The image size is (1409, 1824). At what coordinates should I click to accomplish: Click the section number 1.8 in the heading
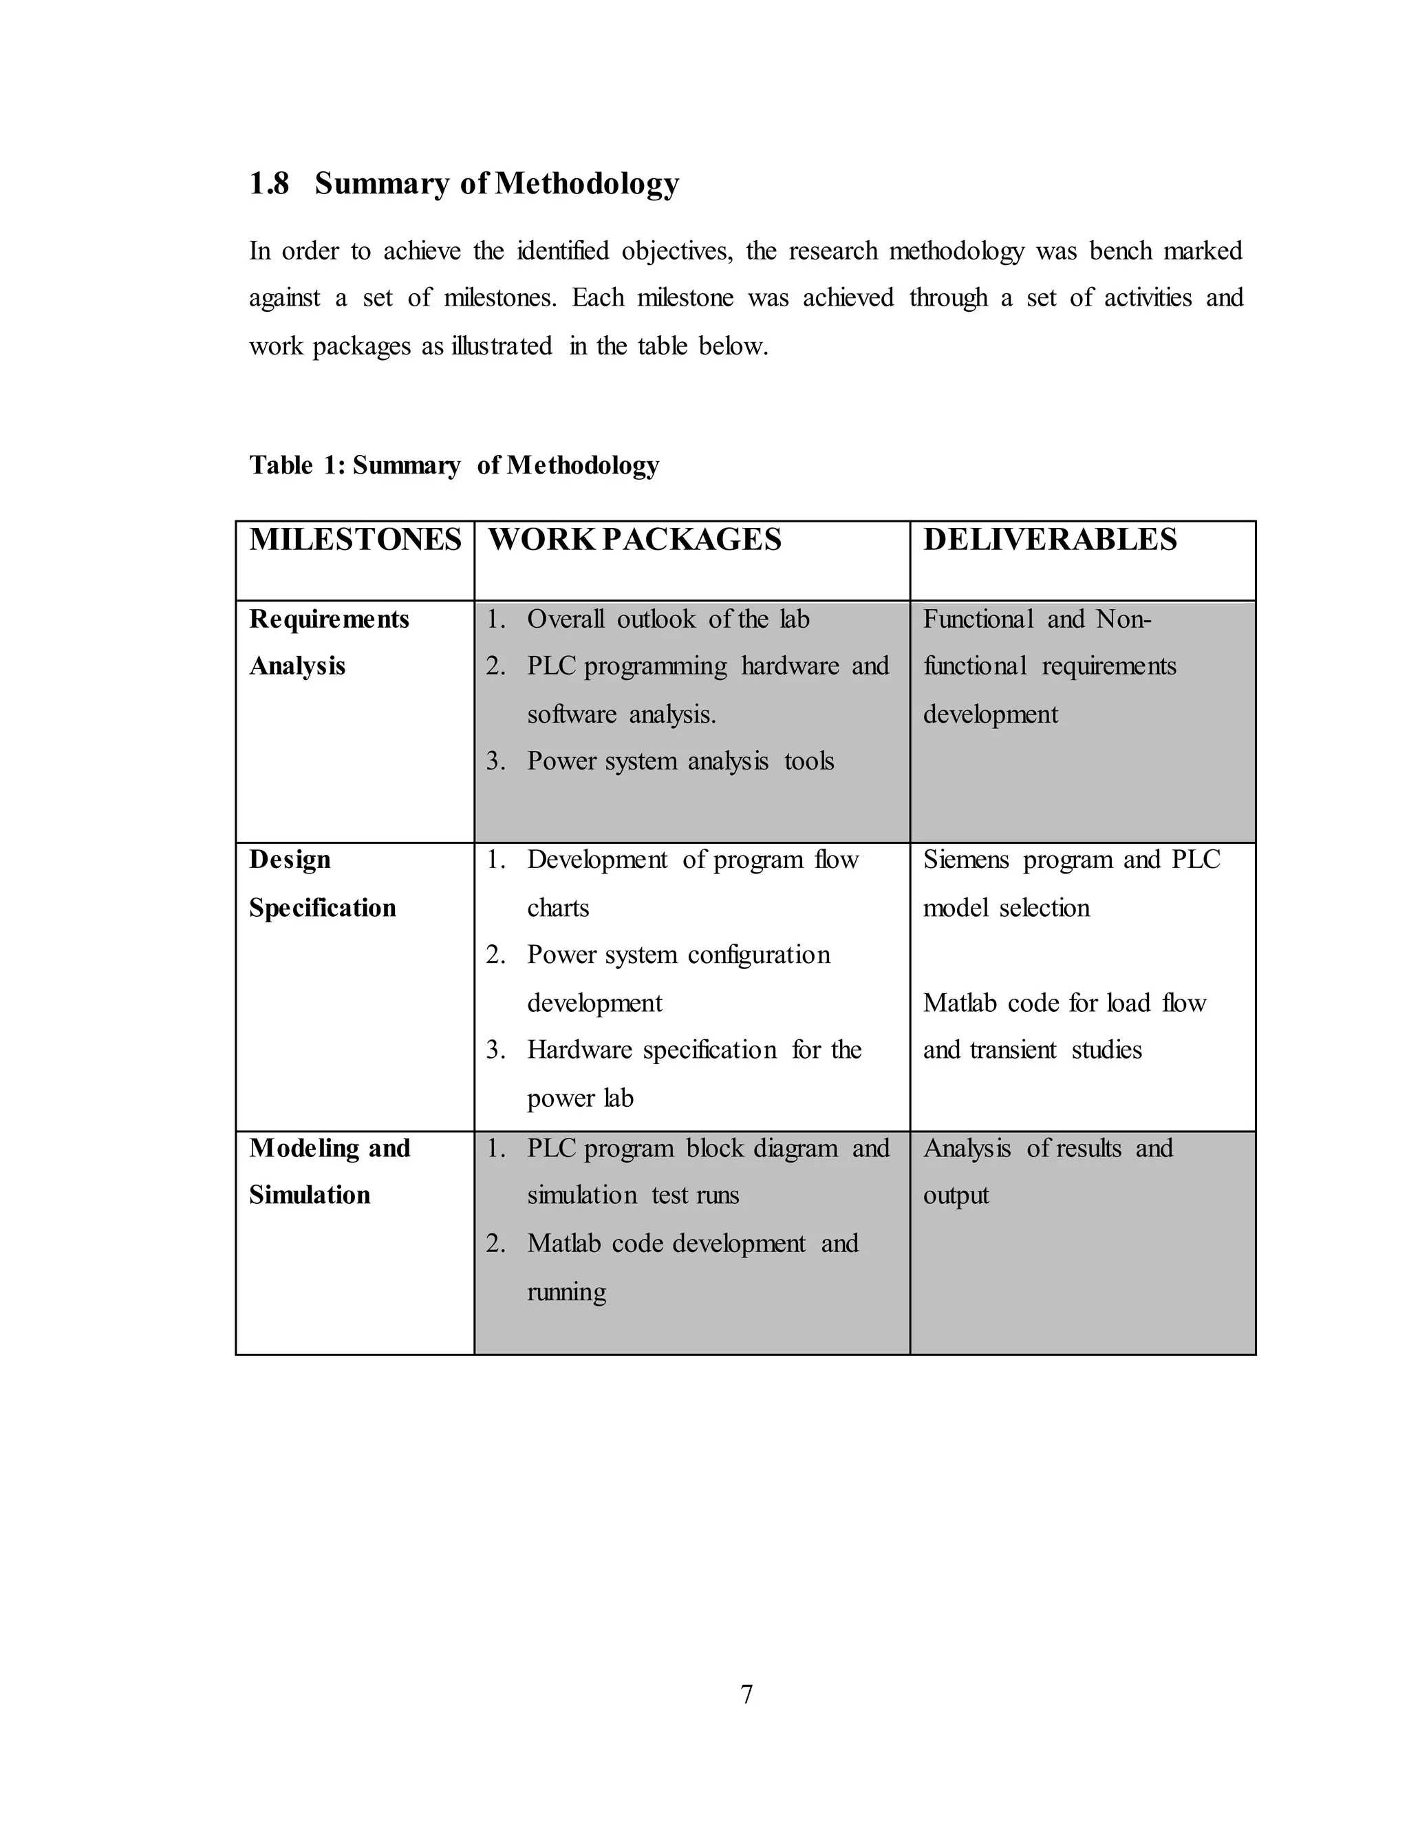(x=269, y=184)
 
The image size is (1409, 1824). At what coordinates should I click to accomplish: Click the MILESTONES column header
(x=355, y=540)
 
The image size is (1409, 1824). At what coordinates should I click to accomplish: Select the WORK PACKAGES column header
(x=634, y=540)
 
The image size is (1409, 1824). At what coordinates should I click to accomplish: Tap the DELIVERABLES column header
(x=1049, y=540)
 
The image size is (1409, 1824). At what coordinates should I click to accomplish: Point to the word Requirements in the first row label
(x=329, y=619)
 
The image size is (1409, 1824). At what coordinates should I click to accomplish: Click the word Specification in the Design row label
(x=322, y=908)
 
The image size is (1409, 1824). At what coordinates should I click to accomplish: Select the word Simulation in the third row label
(x=309, y=1195)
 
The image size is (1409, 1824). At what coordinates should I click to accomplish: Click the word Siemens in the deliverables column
(x=966, y=860)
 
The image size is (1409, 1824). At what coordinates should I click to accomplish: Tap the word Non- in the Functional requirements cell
(x=1123, y=619)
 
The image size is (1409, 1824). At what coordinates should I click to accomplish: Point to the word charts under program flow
(x=557, y=908)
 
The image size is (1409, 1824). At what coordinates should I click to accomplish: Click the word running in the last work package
(x=566, y=1292)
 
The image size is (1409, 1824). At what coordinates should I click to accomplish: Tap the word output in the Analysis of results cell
(x=956, y=1195)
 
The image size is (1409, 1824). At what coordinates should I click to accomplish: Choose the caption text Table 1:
(x=297, y=465)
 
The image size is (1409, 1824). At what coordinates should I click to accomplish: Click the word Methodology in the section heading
(x=586, y=184)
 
